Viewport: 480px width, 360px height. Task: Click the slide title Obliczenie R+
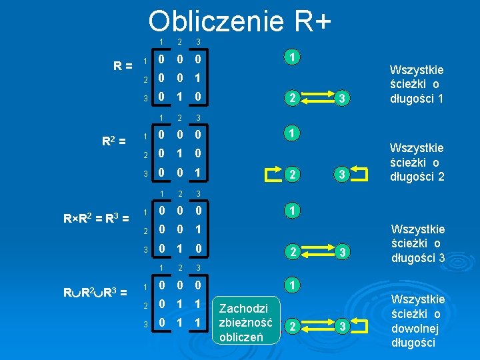coord(240,21)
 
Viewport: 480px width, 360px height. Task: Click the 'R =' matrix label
coord(121,65)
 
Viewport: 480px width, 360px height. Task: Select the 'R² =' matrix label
coord(114,141)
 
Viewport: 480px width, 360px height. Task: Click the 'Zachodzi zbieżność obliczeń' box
coord(243,323)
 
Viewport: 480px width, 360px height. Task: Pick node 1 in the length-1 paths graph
coord(291,58)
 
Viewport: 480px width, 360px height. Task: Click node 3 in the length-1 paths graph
coord(342,99)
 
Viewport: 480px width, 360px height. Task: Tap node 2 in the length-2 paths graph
coord(291,175)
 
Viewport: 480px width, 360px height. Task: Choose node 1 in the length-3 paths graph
coord(291,211)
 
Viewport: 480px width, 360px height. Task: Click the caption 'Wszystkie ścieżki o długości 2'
coord(417,162)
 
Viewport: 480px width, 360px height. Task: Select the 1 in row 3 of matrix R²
coord(197,173)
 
